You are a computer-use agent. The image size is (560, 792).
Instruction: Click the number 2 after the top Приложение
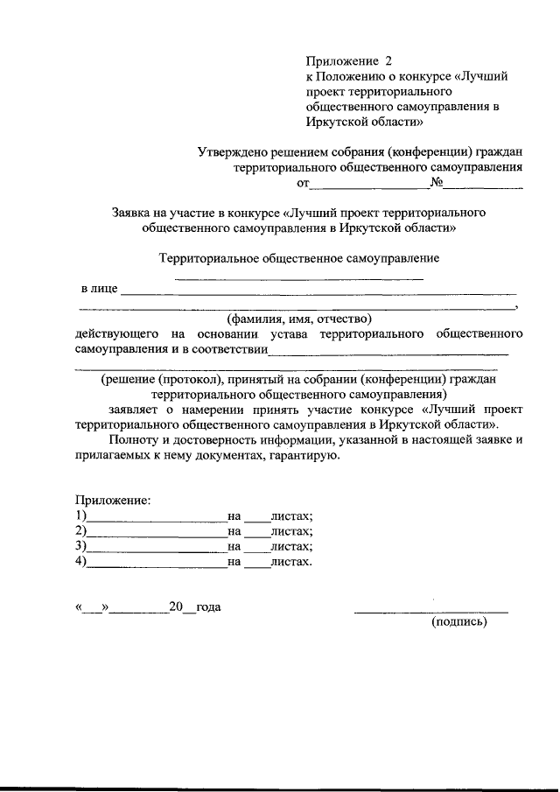click(389, 61)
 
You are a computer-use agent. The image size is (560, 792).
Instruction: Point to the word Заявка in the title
click(132, 212)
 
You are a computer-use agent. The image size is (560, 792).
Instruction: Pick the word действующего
click(116, 334)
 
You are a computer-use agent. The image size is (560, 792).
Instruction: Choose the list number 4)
click(81, 562)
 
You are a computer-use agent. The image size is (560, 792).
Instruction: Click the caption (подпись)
click(458, 623)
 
